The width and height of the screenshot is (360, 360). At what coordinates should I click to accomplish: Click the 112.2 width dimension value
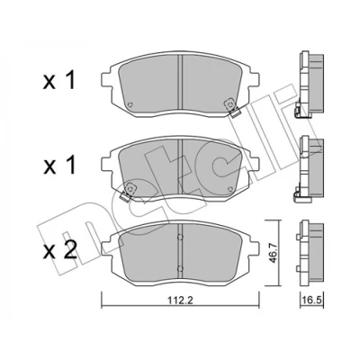click(x=180, y=301)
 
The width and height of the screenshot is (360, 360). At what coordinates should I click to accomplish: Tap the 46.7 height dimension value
click(x=273, y=254)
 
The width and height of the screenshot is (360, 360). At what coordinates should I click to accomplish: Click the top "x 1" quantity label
click(x=58, y=80)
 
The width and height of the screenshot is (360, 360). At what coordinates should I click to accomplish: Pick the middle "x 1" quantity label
click(x=58, y=166)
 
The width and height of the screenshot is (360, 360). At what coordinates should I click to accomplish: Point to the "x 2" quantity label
click(x=59, y=251)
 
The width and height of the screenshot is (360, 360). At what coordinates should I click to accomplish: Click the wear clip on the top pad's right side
click(x=232, y=107)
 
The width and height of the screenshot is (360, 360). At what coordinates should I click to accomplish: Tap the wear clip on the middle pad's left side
click(x=128, y=192)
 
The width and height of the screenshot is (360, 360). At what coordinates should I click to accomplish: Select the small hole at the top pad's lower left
click(x=130, y=104)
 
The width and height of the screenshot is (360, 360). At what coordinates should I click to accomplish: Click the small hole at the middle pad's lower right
click(x=230, y=189)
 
